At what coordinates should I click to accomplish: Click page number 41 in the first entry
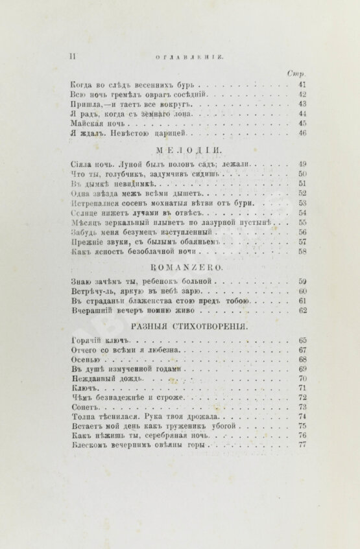click(302, 84)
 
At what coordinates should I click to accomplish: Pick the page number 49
click(302, 165)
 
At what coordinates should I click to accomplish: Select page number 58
click(302, 252)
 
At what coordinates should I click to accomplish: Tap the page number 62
click(302, 310)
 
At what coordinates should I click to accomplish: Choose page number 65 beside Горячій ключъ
click(302, 340)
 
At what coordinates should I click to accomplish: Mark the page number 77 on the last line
click(302, 445)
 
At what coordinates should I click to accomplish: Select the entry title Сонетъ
click(84, 407)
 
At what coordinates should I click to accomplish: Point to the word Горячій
click(83, 340)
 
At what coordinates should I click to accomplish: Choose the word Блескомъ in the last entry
click(89, 445)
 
